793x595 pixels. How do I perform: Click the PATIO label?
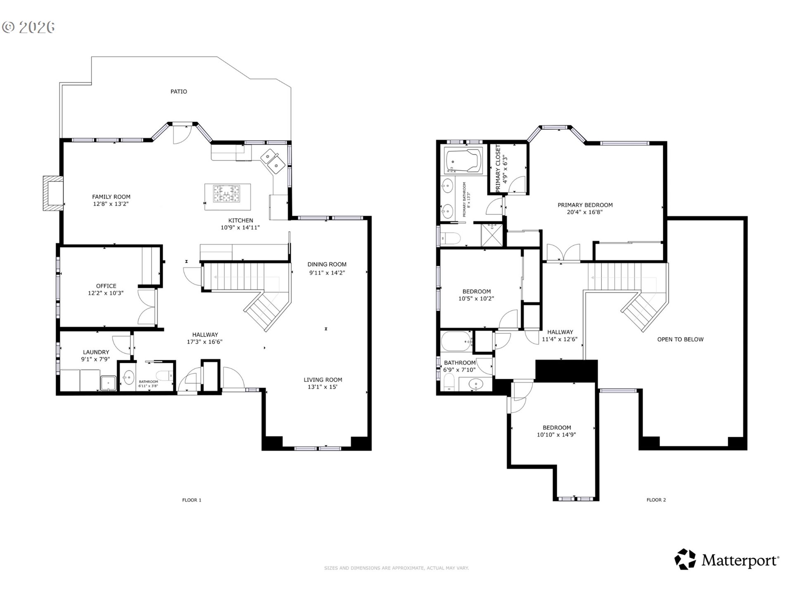pyautogui.click(x=178, y=91)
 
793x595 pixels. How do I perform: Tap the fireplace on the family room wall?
pyautogui.click(x=53, y=193)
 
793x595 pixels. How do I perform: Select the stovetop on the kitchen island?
pyautogui.click(x=226, y=194)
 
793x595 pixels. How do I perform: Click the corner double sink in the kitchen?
pyautogui.click(x=273, y=161)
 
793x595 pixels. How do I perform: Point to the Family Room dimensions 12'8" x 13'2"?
pyautogui.click(x=111, y=204)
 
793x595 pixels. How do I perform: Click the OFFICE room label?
pyautogui.click(x=106, y=286)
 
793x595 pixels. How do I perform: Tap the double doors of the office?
pyautogui.click(x=147, y=306)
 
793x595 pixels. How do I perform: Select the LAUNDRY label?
pyautogui.click(x=96, y=352)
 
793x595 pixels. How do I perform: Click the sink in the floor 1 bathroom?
pyautogui.click(x=128, y=377)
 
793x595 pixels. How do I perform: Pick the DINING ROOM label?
pyautogui.click(x=327, y=264)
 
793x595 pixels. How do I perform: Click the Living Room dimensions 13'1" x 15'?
pyautogui.click(x=323, y=387)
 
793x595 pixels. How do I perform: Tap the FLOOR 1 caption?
pyautogui.click(x=192, y=500)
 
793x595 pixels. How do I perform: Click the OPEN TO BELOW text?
pyautogui.click(x=680, y=339)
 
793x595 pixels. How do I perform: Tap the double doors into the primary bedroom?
pyautogui.click(x=563, y=252)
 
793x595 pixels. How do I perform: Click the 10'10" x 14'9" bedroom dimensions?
pyautogui.click(x=556, y=435)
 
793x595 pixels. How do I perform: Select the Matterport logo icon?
pyautogui.click(x=685, y=559)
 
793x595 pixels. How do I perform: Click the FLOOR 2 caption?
pyautogui.click(x=656, y=500)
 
